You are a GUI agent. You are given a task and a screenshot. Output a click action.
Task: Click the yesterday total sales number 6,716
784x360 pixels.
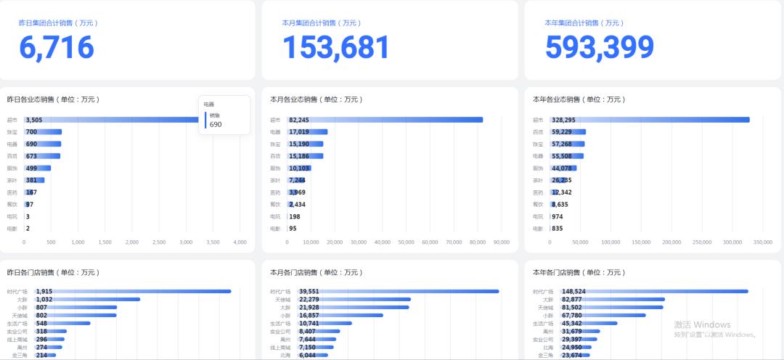[x=57, y=48]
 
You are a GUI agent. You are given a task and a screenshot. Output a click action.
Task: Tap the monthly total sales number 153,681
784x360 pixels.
[x=335, y=48]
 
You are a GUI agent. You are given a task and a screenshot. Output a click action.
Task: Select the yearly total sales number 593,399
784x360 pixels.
[x=599, y=48]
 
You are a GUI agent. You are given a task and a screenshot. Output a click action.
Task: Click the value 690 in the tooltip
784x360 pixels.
[x=216, y=124]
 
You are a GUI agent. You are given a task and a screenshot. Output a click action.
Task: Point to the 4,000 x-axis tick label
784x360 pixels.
[x=240, y=242]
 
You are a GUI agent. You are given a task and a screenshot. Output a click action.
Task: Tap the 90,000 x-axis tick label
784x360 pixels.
[x=501, y=242]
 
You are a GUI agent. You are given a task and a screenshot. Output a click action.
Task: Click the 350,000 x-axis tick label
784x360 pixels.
[x=762, y=242]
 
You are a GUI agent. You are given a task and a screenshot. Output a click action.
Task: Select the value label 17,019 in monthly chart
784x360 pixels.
[x=299, y=132]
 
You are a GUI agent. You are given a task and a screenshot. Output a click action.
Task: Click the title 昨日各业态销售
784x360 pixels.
[x=52, y=99]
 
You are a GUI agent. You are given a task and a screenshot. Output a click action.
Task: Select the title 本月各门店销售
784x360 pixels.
[x=316, y=272]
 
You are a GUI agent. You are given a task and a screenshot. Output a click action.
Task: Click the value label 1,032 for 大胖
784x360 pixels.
[x=44, y=299]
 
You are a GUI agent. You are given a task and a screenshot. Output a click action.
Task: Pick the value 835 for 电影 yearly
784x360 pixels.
[x=557, y=229]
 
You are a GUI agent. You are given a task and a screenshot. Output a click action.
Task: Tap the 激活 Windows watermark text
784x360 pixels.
[x=702, y=324]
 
